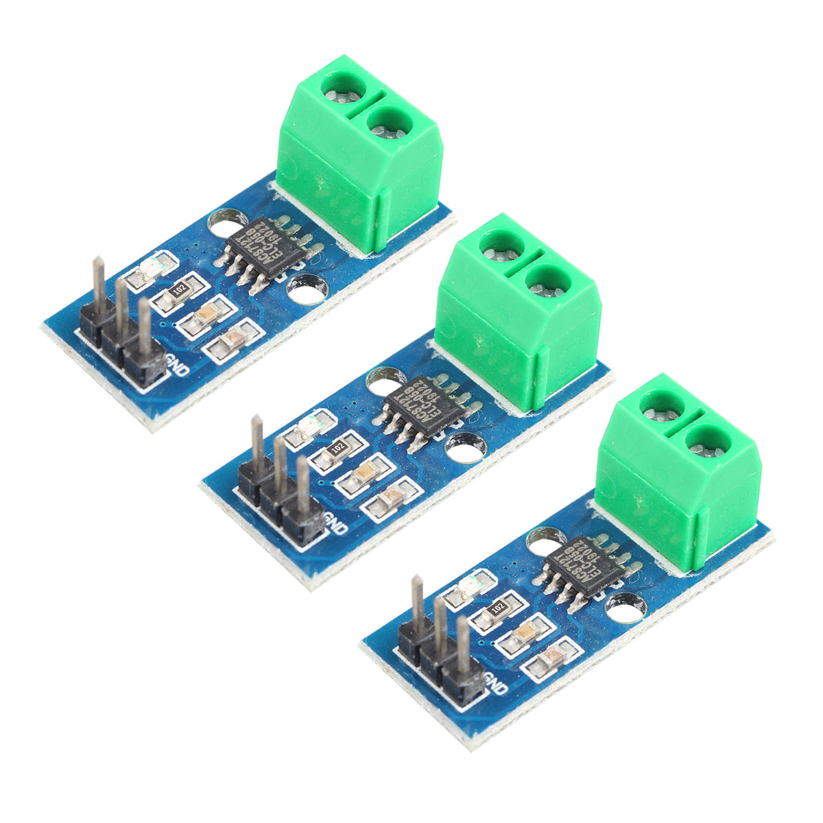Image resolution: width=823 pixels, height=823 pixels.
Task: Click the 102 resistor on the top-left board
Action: [x=179, y=290]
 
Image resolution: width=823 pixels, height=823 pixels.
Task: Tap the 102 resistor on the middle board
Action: [x=337, y=448]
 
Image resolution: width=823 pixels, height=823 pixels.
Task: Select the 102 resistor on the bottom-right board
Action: [x=497, y=606]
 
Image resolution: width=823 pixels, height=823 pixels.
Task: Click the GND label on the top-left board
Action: [x=176, y=370]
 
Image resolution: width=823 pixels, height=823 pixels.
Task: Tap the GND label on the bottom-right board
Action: [x=495, y=686]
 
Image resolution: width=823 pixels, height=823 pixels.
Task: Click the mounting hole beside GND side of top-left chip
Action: [x=306, y=289]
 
